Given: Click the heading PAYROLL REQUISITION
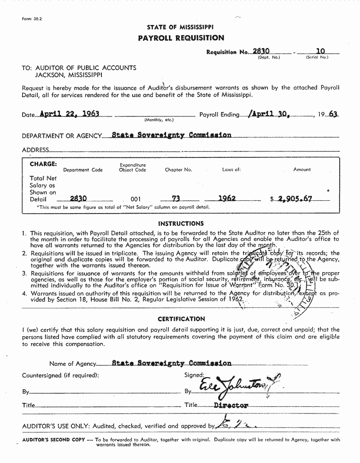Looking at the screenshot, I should pyautogui.click(x=181, y=38).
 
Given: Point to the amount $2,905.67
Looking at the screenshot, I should pyautogui.click(x=294, y=198).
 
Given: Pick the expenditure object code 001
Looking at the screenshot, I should pyautogui.click(x=135, y=199).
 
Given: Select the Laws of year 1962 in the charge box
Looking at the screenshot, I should pyautogui.click(x=227, y=198).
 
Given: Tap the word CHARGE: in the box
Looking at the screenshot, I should pyautogui.click(x=43, y=164).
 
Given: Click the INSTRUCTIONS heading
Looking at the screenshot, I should pyautogui.click(x=181, y=223).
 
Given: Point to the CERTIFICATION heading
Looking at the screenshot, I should pyautogui.click(x=181, y=319).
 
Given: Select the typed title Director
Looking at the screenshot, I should pyautogui.click(x=231, y=405).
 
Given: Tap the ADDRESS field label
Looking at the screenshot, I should pyautogui.click(x=35, y=150).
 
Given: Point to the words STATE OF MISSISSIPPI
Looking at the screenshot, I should pyautogui.click(x=180, y=27).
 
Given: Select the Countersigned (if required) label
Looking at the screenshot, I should pyautogui.click(x=60, y=375).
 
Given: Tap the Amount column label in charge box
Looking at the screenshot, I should pyautogui.click(x=302, y=170).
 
